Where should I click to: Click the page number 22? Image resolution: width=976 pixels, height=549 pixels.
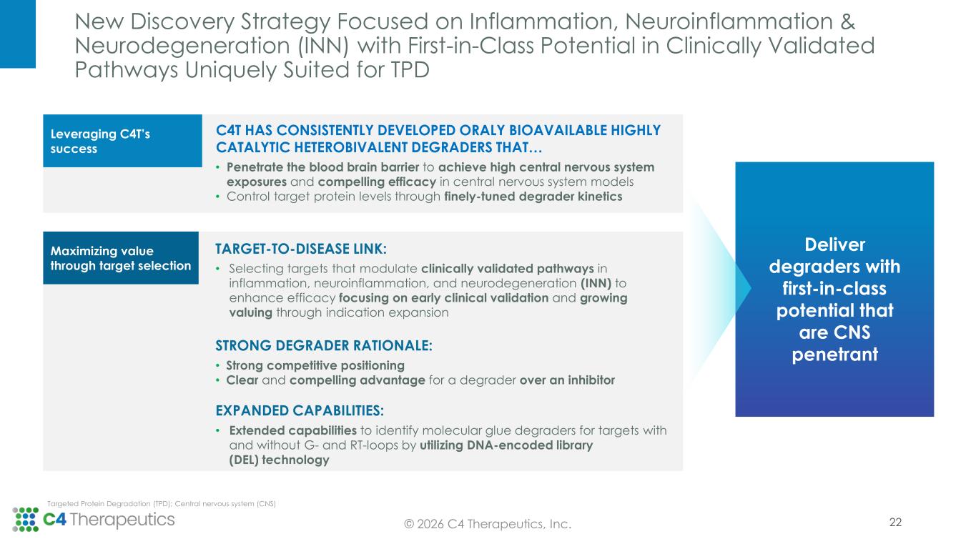pyautogui.click(x=895, y=522)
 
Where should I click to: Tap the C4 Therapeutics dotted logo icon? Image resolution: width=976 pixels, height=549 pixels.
pyautogui.click(x=25, y=519)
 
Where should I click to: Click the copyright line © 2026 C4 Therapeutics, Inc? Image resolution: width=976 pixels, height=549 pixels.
pyautogui.click(x=488, y=524)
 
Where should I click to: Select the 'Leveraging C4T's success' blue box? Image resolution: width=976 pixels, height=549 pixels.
pyautogui.click(x=122, y=141)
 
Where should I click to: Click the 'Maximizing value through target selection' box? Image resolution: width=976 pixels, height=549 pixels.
pyautogui.click(x=121, y=258)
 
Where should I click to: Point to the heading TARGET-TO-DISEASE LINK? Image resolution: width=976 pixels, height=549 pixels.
pyautogui.click(x=300, y=249)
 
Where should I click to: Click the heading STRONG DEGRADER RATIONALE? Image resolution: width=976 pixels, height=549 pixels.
pyautogui.click(x=324, y=345)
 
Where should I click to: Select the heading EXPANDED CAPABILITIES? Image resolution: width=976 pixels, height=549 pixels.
pyautogui.click(x=300, y=410)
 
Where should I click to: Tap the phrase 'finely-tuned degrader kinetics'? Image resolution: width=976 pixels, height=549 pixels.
pyautogui.click(x=533, y=197)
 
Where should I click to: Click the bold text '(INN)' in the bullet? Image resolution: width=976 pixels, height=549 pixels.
pyautogui.click(x=596, y=283)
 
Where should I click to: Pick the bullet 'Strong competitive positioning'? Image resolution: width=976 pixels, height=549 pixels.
pyautogui.click(x=315, y=365)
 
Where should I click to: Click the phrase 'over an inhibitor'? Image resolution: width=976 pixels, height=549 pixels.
pyautogui.click(x=567, y=380)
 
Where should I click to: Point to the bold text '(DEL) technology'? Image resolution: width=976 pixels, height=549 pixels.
pyautogui.click(x=279, y=460)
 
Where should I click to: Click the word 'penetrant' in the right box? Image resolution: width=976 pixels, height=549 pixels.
pyautogui.click(x=834, y=355)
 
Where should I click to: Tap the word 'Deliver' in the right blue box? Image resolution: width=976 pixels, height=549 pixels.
pyautogui.click(x=834, y=244)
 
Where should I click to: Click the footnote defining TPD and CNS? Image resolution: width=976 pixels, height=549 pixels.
pyautogui.click(x=161, y=504)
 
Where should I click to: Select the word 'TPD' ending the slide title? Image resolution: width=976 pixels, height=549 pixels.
pyautogui.click(x=410, y=70)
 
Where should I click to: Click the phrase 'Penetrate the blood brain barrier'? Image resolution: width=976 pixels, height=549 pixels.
pyautogui.click(x=322, y=167)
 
